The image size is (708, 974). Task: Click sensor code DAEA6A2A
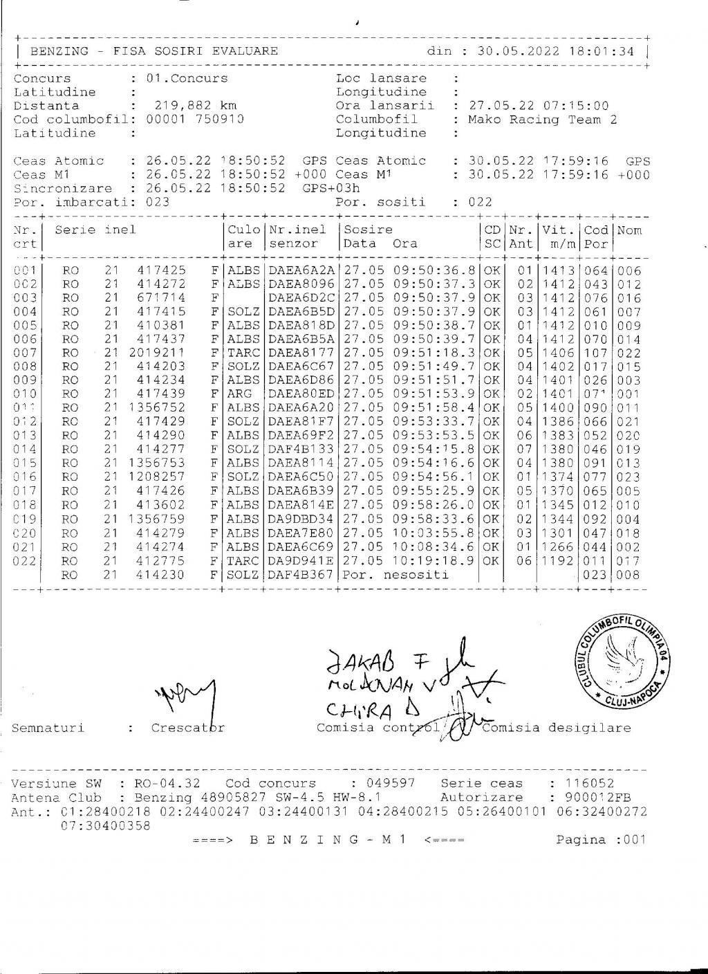pyautogui.click(x=301, y=271)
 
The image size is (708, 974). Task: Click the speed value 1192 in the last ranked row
pyautogui.click(x=558, y=560)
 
